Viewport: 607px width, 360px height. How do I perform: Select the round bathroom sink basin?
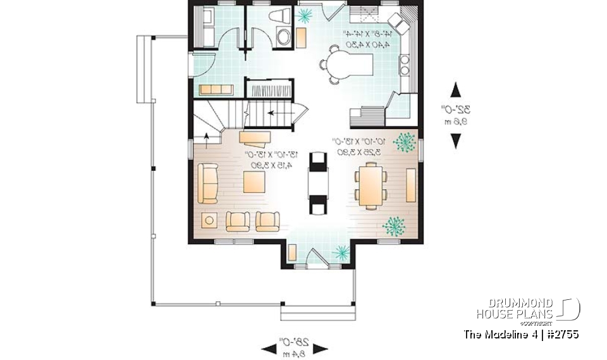pyautogui.click(x=283, y=37)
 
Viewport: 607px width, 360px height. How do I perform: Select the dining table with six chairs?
pyautogui.click(x=370, y=185)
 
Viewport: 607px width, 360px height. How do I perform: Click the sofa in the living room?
pyautogui.click(x=207, y=183)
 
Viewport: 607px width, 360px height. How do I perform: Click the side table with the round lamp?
pyautogui.click(x=209, y=220)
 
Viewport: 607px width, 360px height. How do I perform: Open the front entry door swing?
pyautogui.click(x=313, y=258)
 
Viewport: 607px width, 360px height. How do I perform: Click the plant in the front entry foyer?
pyautogui.click(x=341, y=253)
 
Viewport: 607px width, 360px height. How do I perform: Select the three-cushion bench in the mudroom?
pyautogui.click(x=216, y=90)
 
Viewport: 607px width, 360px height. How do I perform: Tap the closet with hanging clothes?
pyautogui.click(x=269, y=89)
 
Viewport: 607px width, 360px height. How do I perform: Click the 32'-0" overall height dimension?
pyautogui.click(x=455, y=115)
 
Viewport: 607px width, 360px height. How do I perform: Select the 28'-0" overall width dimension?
pyautogui.click(x=295, y=348)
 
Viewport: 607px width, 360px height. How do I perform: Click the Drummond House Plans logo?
pyautogui.click(x=527, y=309)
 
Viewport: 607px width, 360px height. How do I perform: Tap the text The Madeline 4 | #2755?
pyautogui.click(x=521, y=334)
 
